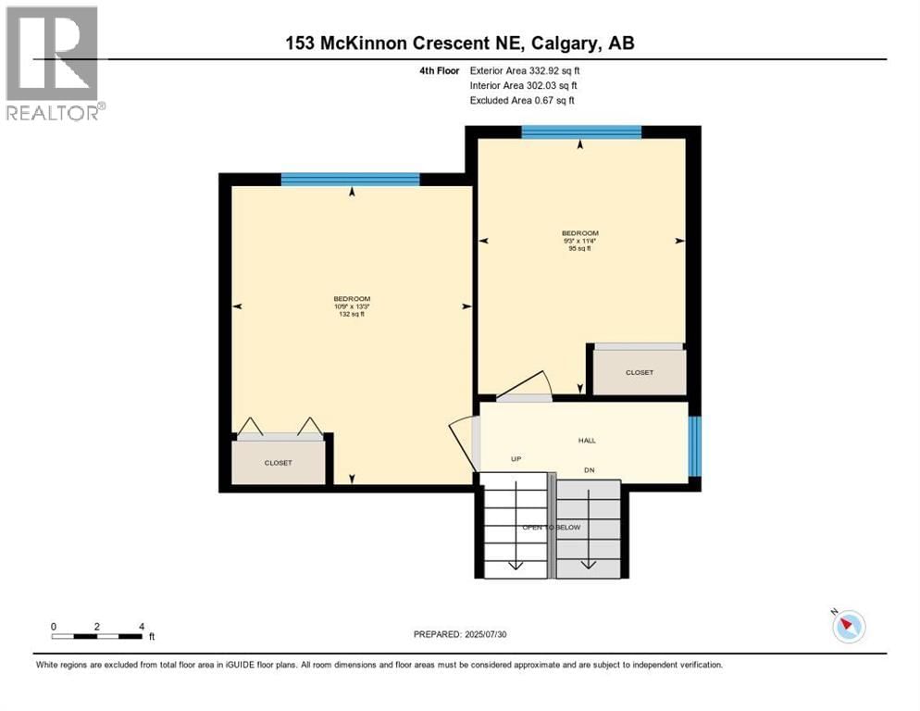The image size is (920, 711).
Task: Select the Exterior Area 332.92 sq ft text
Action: [525, 70]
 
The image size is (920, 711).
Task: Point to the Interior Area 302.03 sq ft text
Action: [523, 85]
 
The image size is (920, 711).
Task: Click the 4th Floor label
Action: [440, 70]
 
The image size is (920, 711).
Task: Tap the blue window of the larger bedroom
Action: [350, 180]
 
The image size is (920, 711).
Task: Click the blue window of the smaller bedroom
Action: [580, 131]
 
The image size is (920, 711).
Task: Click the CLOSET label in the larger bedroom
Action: [278, 463]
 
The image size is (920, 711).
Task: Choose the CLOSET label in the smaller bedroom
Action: [639, 372]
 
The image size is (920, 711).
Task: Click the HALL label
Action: [586, 441]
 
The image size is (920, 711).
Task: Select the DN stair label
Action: [588, 470]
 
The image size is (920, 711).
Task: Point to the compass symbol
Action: [848, 627]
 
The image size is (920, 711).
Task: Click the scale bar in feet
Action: [97, 636]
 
